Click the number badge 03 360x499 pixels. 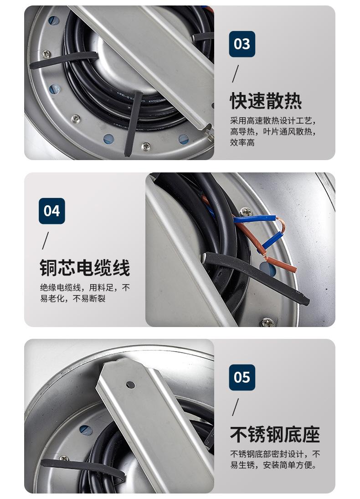click(242, 44)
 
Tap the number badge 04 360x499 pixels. click(52, 211)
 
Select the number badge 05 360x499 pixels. click(242, 377)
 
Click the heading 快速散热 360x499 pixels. click(266, 101)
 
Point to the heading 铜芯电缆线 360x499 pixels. click(85, 267)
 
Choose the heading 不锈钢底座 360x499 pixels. click(275, 434)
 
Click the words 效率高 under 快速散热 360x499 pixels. click(242, 142)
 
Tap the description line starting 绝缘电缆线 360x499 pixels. click(85, 288)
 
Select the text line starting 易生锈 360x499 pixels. click(273, 465)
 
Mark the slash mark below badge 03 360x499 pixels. click(235, 73)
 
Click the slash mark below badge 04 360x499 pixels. click(46, 240)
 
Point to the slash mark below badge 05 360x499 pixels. click(235, 407)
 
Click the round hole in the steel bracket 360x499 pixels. click(130, 385)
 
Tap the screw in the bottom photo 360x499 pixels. click(64, 458)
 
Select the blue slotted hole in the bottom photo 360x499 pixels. click(86, 430)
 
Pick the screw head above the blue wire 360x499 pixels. click(246, 211)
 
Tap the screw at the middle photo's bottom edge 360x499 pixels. click(268, 322)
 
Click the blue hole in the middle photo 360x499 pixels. click(268, 268)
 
